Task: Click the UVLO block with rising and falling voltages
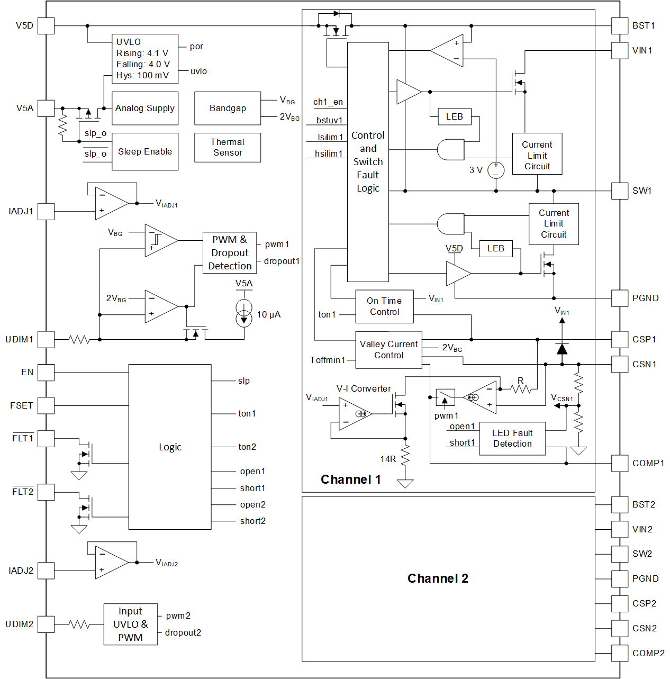[x=144, y=59]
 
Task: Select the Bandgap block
[x=228, y=108]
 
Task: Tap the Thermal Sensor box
[x=228, y=147]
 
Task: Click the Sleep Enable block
[x=144, y=152]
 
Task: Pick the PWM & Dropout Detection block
[x=230, y=253]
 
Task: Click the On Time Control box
[x=384, y=306]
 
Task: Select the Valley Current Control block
[x=388, y=350]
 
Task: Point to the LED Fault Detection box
[x=512, y=439]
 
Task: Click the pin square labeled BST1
[x=620, y=25]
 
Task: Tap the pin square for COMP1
[x=620, y=463]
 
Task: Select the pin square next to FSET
[x=46, y=405]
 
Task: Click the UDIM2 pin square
[x=46, y=624]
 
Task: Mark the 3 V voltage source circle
[x=496, y=170]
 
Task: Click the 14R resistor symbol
[x=405, y=455]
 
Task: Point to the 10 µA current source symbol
[x=244, y=313]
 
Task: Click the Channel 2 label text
[x=438, y=578]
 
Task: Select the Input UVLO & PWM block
[x=130, y=624]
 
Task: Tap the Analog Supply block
[x=144, y=108]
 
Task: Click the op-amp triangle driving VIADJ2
[x=111, y=562]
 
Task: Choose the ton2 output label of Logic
[x=247, y=447]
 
